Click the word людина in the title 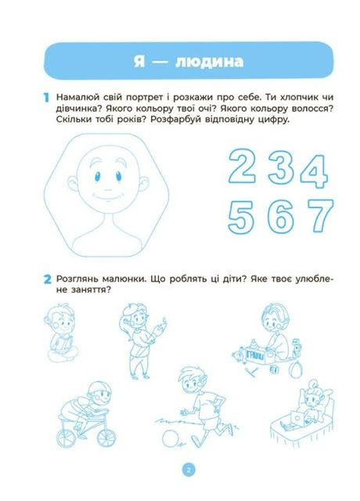(x=203, y=60)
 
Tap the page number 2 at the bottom (x=187, y=470)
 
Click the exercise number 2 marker (x=47, y=279)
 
